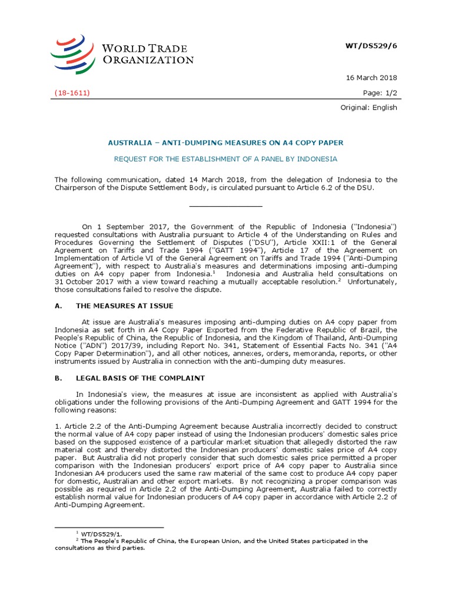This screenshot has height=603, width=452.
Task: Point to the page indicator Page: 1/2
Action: click(381, 93)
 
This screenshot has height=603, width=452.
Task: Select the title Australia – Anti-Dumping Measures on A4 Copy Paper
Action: click(226, 143)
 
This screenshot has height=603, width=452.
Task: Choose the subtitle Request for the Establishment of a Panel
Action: click(226, 159)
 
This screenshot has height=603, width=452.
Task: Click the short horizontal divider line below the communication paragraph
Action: click(226, 206)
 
